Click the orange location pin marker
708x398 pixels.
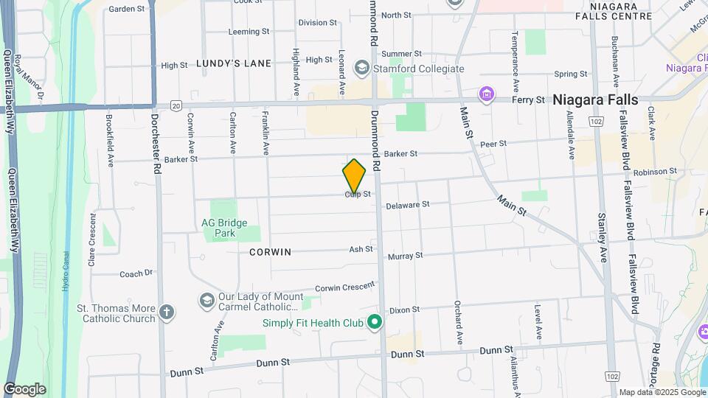point(354,176)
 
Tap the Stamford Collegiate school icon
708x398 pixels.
point(361,69)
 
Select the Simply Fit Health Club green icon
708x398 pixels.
point(375,322)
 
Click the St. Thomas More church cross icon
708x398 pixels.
point(167,312)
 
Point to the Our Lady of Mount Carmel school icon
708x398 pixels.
point(206,300)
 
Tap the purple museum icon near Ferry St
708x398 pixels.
point(486,94)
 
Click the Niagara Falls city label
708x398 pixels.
point(595,99)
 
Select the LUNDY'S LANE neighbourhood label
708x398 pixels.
point(234,63)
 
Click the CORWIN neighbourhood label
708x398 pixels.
point(270,252)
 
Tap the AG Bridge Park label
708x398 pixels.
point(224,228)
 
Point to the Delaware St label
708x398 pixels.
point(407,205)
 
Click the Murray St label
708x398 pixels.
point(406,256)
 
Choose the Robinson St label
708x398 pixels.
point(655,171)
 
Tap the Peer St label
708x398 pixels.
point(493,144)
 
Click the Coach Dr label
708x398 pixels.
point(136,273)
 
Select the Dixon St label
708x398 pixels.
point(405,310)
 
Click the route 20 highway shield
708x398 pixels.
point(176,105)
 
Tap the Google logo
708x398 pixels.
point(24,388)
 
